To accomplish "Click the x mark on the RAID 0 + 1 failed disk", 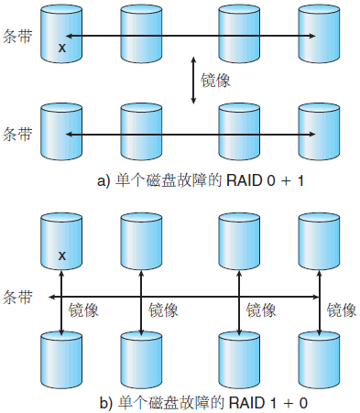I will click(x=61, y=47).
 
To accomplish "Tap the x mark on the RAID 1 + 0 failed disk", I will click(x=61, y=255).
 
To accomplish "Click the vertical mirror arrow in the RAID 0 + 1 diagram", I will click(x=194, y=81).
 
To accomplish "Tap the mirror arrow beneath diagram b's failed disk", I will click(x=61, y=311).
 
